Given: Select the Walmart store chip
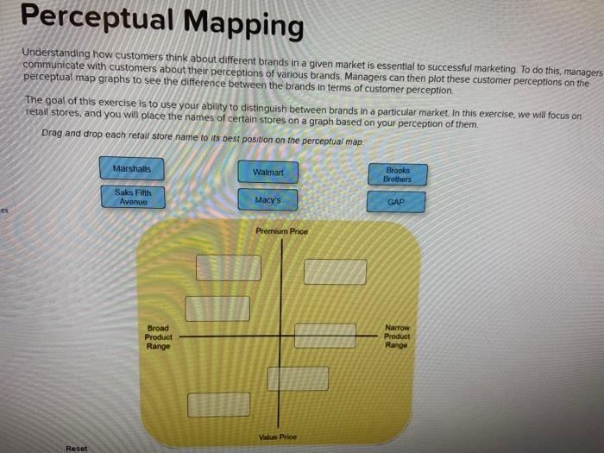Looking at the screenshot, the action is click(x=267, y=173).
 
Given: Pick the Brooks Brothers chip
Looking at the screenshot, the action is click(x=397, y=175).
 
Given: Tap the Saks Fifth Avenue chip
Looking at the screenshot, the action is click(x=132, y=198).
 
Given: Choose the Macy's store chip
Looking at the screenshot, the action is click(x=267, y=201).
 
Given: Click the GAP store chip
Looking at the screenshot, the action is click(x=396, y=203).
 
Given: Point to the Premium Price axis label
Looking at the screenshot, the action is click(x=281, y=231).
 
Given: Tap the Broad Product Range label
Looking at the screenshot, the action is click(x=159, y=337).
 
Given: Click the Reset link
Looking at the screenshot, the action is click(x=76, y=449).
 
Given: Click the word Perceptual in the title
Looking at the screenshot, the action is click(x=93, y=19).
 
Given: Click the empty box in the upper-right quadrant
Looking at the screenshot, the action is click(x=335, y=272).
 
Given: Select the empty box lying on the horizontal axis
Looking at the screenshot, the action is click(x=325, y=336).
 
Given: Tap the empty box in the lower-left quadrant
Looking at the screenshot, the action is click(x=219, y=404).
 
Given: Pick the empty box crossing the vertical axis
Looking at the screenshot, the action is click(x=298, y=378).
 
